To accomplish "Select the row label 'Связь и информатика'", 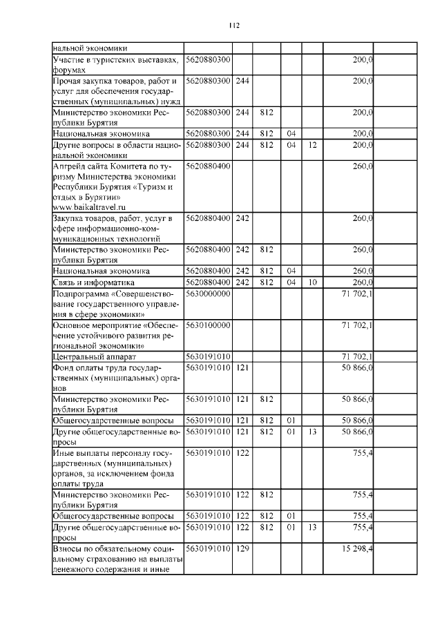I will [94, 282].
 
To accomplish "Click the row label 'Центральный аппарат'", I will [90, 356].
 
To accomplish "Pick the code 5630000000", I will [208, 293].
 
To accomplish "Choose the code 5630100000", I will [208, 325].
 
